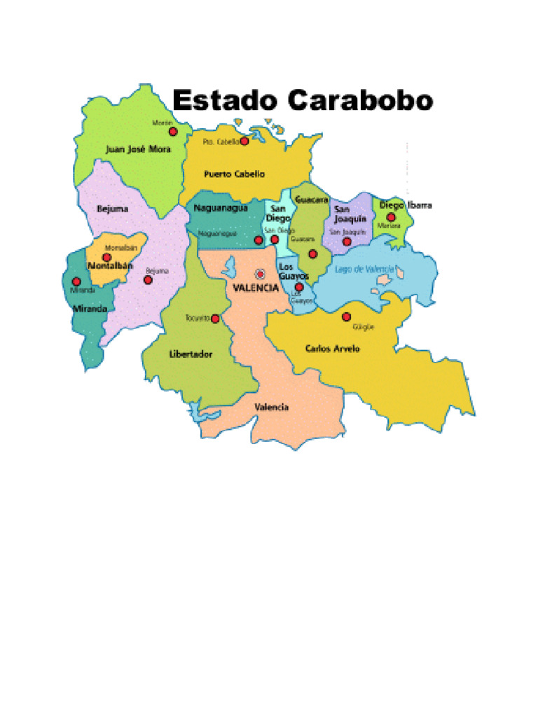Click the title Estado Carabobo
303,101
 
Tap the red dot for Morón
173,131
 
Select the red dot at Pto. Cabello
244,141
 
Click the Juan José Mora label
138,148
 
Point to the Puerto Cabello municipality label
234,174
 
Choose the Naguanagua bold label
221,207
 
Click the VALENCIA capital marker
261,274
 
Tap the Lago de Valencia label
365,269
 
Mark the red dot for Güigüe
346,316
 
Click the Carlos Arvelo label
333,348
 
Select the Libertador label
191,354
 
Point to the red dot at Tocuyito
215,319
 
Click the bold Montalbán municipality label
110,266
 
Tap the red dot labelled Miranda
76,281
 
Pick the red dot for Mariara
391,217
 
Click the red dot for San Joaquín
347,242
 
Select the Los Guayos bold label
294,272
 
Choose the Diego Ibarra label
406,205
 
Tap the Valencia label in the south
271,407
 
